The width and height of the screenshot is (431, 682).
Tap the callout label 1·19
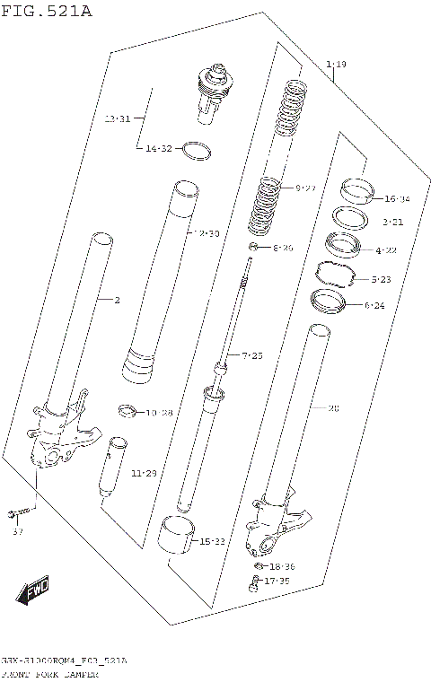(x=337, y=64)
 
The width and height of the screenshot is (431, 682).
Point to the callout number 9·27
(x=305, y=188)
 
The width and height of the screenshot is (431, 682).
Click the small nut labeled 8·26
(x=255, y=247)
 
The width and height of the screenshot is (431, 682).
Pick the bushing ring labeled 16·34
(x=357, y=191)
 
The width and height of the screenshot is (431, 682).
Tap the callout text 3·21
(x=391, y=221)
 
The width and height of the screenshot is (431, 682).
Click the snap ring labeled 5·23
(x=338, y=271)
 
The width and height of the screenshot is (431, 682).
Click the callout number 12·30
(x=206, y=233)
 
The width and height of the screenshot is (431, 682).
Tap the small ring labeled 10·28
(x=129, y=412)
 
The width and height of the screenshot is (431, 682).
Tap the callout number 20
(x=332, y=408)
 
